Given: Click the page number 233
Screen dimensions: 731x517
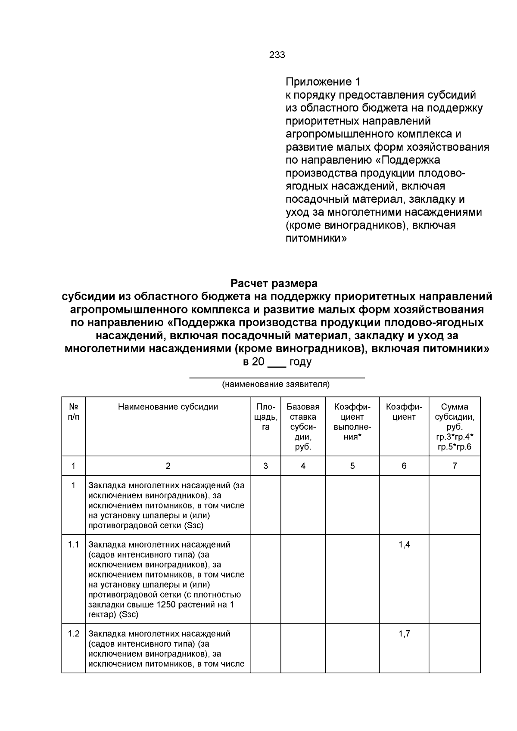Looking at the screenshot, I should pyautogui.click(x=277, y=55).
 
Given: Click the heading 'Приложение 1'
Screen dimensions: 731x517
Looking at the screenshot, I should pyautogui.click(x=323, y=82).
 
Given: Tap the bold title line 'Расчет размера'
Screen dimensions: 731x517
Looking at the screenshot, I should pyautogui.click(x=274, y=284).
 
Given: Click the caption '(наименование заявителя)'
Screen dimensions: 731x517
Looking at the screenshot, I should pyautogui.click(x=276, y=384).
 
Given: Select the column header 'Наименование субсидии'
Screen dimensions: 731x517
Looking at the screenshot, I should pyautogui.click(x=168, y=407).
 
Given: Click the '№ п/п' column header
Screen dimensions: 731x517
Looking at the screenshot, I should pyautogui.click(x=74, y=412).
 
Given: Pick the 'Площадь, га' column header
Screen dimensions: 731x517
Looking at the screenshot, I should pyautogui.click(x=266, y=417).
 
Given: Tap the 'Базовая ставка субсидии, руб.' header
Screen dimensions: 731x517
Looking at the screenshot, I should pyautogui.click(x=303, y=427).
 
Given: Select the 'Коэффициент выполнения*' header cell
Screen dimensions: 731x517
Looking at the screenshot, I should pyautogui.click(x=352, y=421).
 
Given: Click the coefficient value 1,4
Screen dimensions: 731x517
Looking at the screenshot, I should pyautogui.click(x=404, y=545).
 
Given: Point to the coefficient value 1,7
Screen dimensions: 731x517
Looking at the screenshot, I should pyautogui.click(x=404, y=634).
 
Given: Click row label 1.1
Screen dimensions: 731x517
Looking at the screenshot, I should pyautogui.click(x=74, y=545).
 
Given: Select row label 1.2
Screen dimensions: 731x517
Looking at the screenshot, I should pyautogui.click(x=74, y=634).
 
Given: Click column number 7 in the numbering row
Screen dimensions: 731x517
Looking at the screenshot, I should pyautogui.click(x=455, y=466).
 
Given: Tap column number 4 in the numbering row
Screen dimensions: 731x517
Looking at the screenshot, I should pyautogui.click(x=303, y=466).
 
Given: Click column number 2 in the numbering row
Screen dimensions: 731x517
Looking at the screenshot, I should pyautogui.click(x=168, y=466).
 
